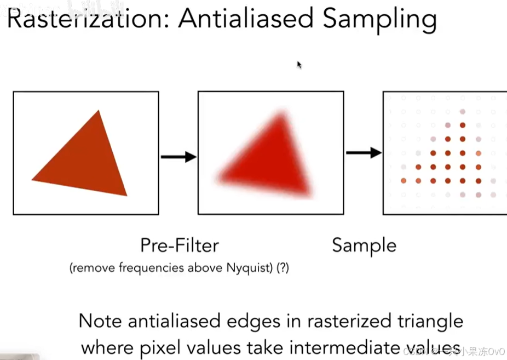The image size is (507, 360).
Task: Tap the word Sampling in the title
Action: click(x=379, y=20)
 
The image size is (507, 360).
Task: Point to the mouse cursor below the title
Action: click(x=299, y=65)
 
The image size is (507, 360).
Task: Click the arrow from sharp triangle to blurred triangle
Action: click(x=178, y=157)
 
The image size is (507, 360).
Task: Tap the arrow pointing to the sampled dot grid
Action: click(x=363, y=152)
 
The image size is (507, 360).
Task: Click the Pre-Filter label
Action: click(x=180, y=245)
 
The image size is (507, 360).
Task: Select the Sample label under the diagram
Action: click(x=364, y=245)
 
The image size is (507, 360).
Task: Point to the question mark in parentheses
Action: click(x=283, y=268)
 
